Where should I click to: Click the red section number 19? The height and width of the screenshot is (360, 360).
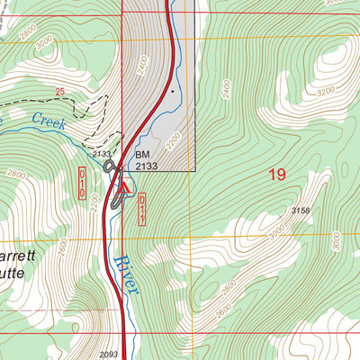tap(277, 174)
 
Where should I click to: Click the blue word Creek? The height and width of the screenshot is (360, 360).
tap(49, 121)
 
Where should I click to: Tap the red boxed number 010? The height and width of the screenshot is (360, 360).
tap(83, 183)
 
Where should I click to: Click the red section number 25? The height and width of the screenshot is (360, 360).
tap(60, 92)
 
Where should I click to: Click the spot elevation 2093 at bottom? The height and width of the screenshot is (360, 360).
tap(109, 354)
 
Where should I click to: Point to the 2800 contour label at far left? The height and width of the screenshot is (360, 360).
tap(16, 174)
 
